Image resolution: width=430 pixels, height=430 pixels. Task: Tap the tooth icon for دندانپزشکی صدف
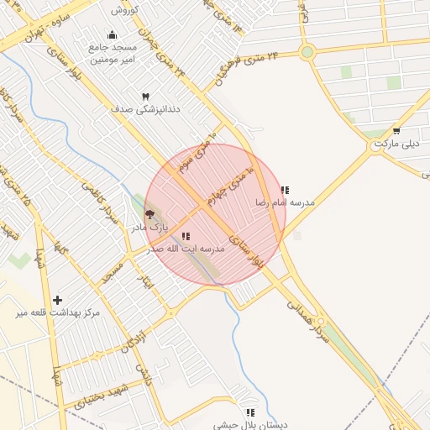pyautogui.click(x=146, y=97)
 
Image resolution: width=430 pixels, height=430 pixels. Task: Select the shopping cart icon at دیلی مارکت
pyautogui.click(x=396, y=130)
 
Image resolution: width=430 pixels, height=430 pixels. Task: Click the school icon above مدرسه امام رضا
pyautogui.click(x=285, y=190)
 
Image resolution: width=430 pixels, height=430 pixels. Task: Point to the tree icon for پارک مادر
pyautogui.click(x=149, y=215)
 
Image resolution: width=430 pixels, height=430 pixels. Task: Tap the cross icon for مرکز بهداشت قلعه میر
pyautogui.click(x=57, y=300)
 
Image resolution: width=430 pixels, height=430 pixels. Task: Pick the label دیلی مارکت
pyautogui.click(x=396, y=144)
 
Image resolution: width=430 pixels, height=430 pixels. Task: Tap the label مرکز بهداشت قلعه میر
pyautogui.click(x=57, y=313)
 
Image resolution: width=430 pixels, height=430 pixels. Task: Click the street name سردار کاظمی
pyautogui.click(x=98, y=201)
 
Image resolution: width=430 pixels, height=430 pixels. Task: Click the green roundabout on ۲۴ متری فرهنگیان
pyautogui.click(x=307, y=52)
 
